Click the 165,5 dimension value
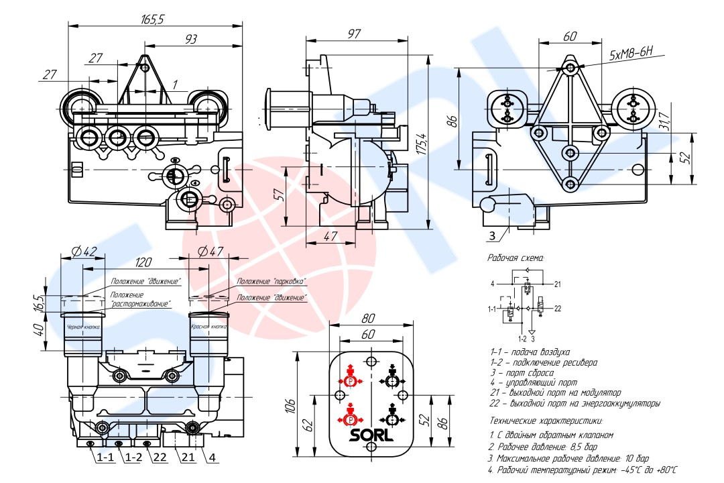point(152,19)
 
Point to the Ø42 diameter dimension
point(84,252)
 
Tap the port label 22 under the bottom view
point(159,458)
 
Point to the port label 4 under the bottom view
point(212,458)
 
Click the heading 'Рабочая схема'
point(517,258)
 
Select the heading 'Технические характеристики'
point(546,421)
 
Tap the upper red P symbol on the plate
point(350,380)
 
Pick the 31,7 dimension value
point(664,120)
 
